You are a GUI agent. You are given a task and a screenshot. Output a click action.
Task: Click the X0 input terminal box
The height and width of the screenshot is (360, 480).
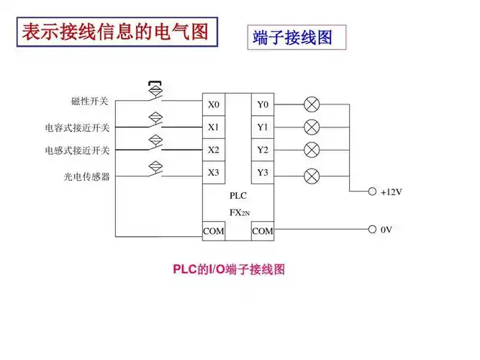pos(214,105)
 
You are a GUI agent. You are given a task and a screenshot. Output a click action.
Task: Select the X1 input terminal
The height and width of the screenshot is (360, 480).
pos(214,127)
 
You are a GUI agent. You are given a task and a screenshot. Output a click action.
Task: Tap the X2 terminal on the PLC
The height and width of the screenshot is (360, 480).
pos(214,150)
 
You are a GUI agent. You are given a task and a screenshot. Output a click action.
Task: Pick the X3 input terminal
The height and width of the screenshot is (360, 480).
pos(214,173)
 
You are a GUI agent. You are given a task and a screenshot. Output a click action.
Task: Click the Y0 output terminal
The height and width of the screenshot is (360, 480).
pos(263,105)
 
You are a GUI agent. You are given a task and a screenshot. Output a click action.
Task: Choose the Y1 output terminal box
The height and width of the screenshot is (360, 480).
pos(263,127)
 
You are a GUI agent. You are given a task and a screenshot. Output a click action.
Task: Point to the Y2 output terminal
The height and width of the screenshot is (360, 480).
pos(263,150)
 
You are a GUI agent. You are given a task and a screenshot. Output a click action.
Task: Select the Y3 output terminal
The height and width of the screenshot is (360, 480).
pos(263,173)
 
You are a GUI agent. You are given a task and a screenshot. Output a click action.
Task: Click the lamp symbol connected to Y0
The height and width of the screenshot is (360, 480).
pos(312,105)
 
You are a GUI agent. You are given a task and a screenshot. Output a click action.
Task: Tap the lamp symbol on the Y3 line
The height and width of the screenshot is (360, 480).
pos(312,176)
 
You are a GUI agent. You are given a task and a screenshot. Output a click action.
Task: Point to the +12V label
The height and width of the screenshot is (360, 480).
pos(391,192)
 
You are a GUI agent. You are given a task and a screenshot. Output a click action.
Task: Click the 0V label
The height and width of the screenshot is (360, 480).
pos(386,230)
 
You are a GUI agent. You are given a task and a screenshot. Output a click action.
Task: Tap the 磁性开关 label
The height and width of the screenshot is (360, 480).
pos(90,102)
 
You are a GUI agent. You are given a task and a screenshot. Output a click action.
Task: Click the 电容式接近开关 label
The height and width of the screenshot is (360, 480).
pos(77,128)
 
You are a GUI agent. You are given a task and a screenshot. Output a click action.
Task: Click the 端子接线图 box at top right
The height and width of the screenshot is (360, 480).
pos(296,37)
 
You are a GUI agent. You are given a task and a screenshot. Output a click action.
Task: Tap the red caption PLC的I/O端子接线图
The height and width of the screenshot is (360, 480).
pos(230,270)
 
